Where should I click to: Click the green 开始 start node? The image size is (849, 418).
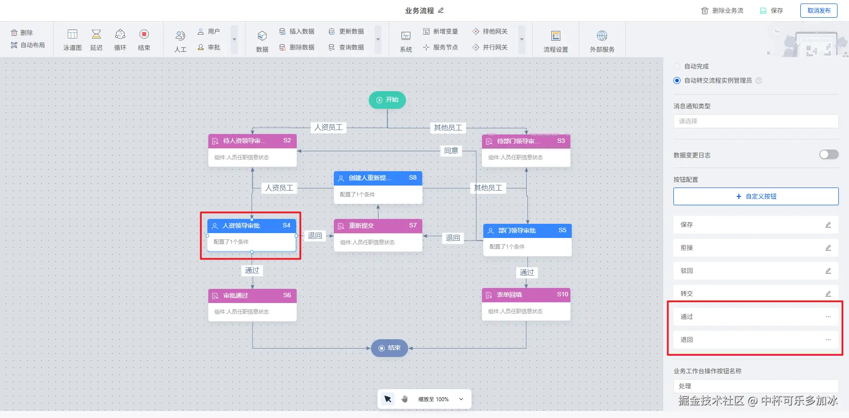click(387, 100)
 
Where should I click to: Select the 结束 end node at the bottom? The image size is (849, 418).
click(389, 348)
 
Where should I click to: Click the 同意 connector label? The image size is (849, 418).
click(451, 151)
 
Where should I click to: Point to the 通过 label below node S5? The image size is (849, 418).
click(527, 272)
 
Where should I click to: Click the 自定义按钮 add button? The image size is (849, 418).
click(756, 196)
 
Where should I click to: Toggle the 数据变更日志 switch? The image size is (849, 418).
click(828, 154)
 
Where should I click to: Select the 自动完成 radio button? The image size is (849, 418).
click(677, 66)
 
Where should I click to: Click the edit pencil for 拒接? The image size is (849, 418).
click(828, 248)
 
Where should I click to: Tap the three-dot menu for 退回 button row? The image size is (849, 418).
click(828, 340)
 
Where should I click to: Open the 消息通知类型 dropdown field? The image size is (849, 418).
click(756, 121)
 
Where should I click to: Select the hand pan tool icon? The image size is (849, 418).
click(405, 399)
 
